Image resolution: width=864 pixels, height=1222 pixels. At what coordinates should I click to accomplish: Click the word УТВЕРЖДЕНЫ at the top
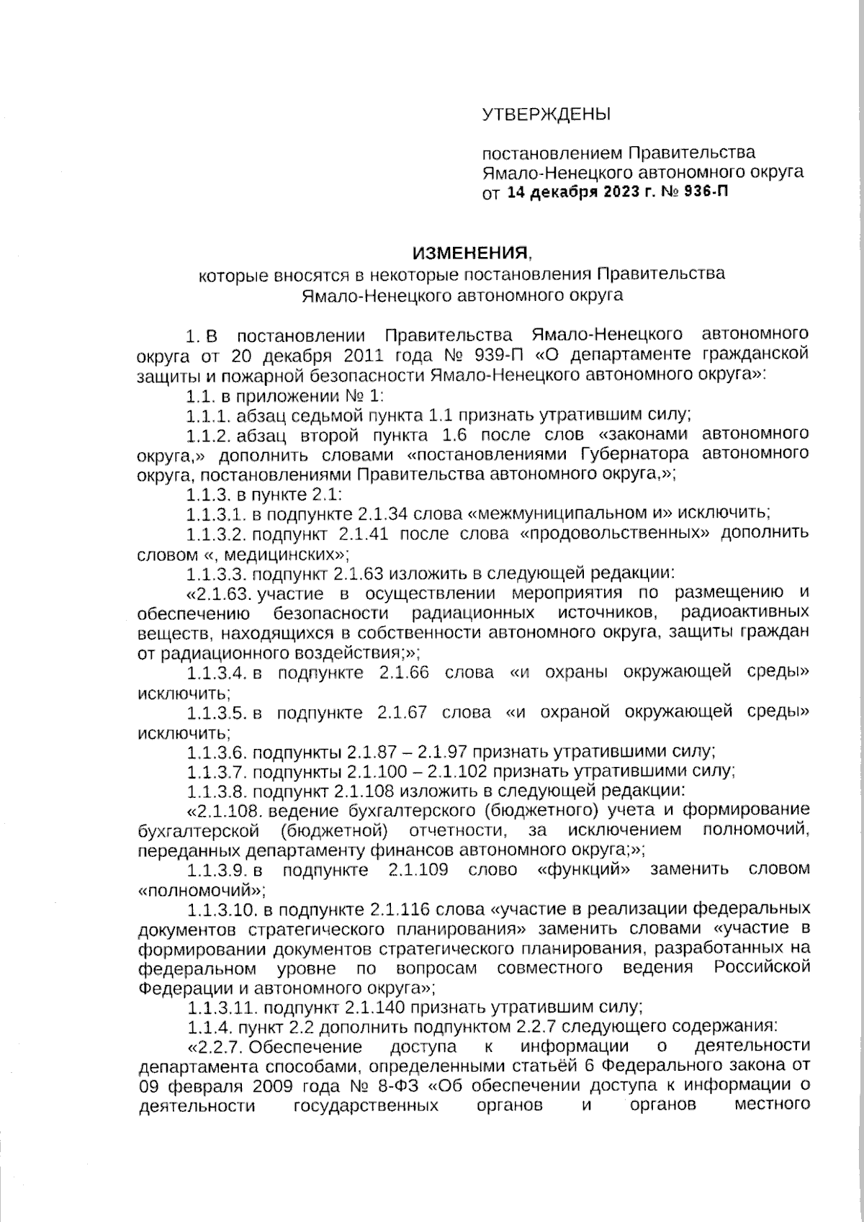546,114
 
